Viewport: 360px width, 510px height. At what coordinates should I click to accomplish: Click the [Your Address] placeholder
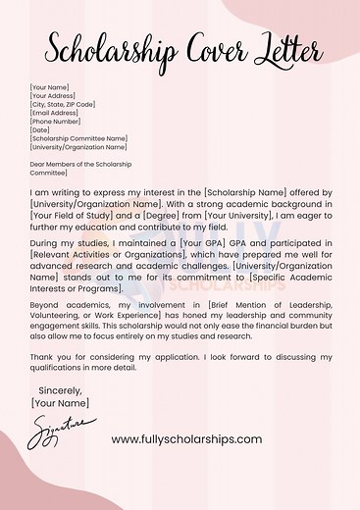click(x=53, y=96)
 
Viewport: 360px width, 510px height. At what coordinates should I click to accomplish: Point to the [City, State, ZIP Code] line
click(x=63, y=104)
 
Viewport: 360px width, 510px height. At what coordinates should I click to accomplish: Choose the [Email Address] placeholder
click(x=54, y=113)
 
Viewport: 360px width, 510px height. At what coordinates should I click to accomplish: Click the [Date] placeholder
click(x=40, y=130)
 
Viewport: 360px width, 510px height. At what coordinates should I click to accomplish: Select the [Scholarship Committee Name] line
click(x=78, y=139)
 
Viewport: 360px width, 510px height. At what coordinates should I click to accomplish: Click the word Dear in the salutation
click(x=39, y=164)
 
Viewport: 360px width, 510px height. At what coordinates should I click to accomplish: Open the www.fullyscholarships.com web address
click(x=186, y=439)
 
